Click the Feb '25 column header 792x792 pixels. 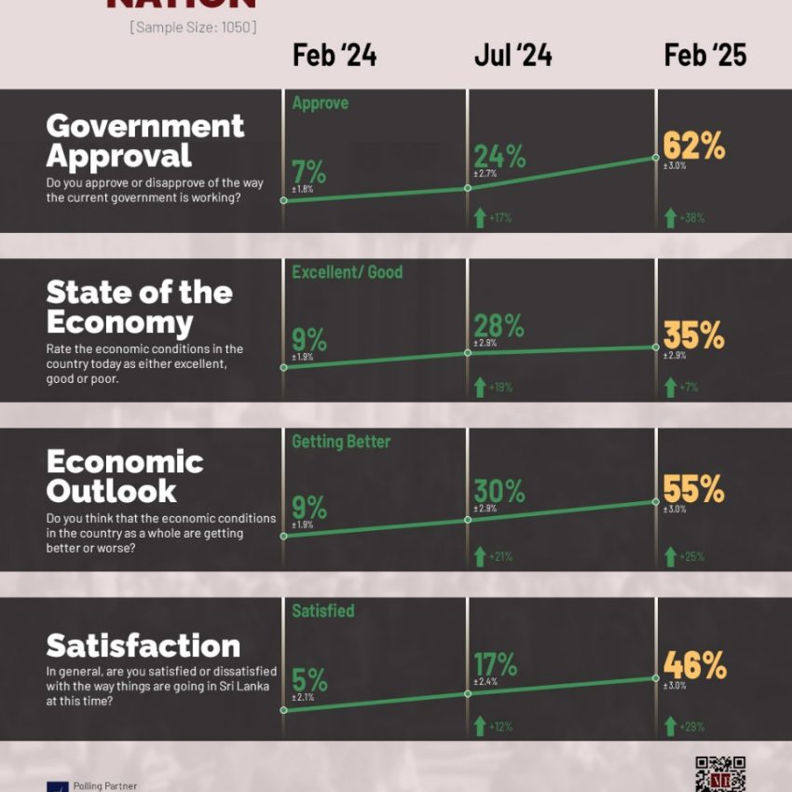[705, 56]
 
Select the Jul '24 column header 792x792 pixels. [512, 56]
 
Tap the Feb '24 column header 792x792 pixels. [335, 56]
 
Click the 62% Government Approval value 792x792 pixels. [694, 146]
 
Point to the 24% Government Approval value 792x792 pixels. [499, 155]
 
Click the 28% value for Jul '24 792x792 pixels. [499, 326]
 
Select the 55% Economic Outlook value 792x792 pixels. [694, 489]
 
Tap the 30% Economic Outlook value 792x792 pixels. [499, 491]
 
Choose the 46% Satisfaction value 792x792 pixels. [694, 665]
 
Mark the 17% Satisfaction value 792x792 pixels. [496, 664]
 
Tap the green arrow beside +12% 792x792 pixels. [480, 726]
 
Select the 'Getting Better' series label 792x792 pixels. [341, 442]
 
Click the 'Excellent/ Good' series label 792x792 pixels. [347, 272]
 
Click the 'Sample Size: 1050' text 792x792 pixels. [193, 28]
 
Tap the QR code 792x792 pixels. [720, 773]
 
